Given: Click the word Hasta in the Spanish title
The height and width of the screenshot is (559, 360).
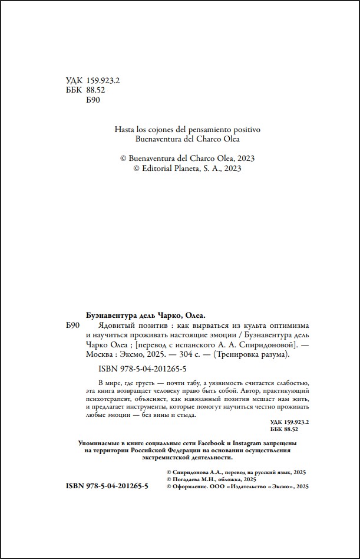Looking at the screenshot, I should pos(125,129).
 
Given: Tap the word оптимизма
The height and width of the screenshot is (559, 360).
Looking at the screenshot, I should pos(288,326).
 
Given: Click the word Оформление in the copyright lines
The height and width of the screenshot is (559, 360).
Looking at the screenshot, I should pos(197,487).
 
